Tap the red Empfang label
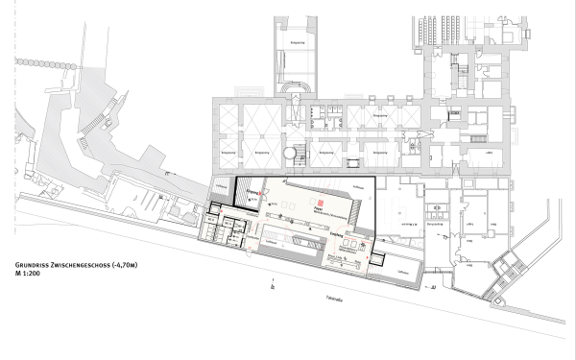click(x=336, y=233)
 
